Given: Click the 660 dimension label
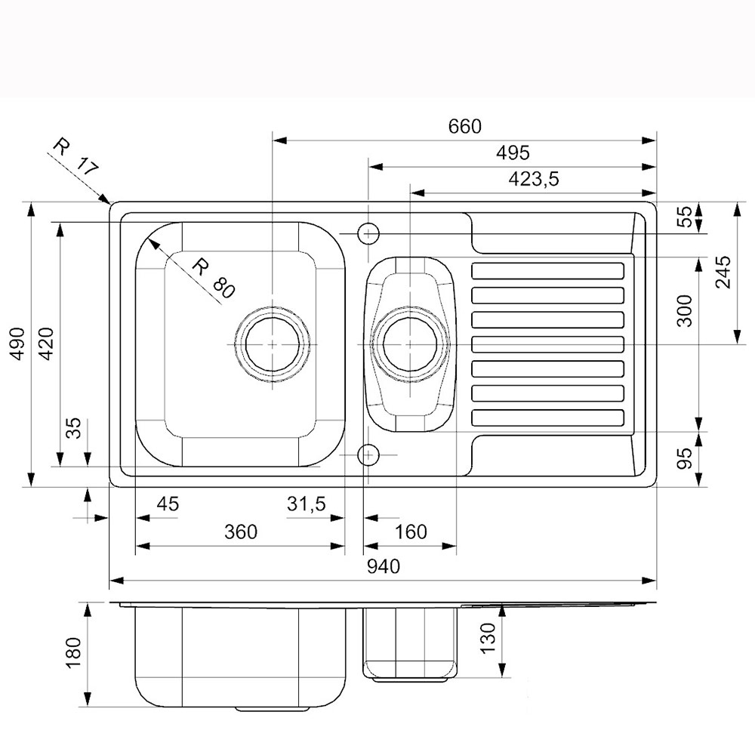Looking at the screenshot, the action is [x=464, y=126].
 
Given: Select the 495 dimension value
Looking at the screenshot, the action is [x=513, y=153].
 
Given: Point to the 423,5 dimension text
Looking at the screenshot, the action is [x=534, y=179].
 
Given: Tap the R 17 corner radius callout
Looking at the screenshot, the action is [x=75, y=156].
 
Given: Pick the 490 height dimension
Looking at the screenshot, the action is [x=18, y=344].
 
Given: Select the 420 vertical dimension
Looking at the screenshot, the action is [x=46, y=344].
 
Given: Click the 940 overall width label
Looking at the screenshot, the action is [x=384, y=567].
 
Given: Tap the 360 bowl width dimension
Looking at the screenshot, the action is [x=241, y=532].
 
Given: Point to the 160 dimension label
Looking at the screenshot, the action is [x=411, y=532].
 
